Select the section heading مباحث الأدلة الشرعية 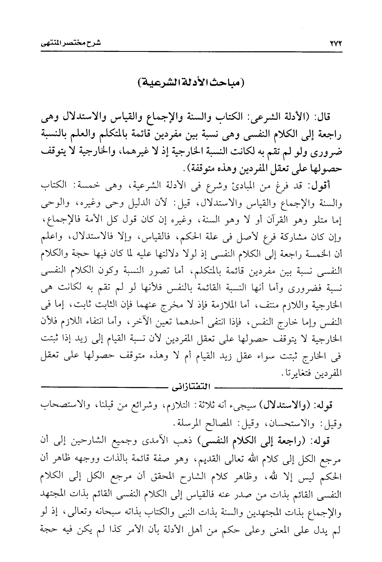coord(191,84)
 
